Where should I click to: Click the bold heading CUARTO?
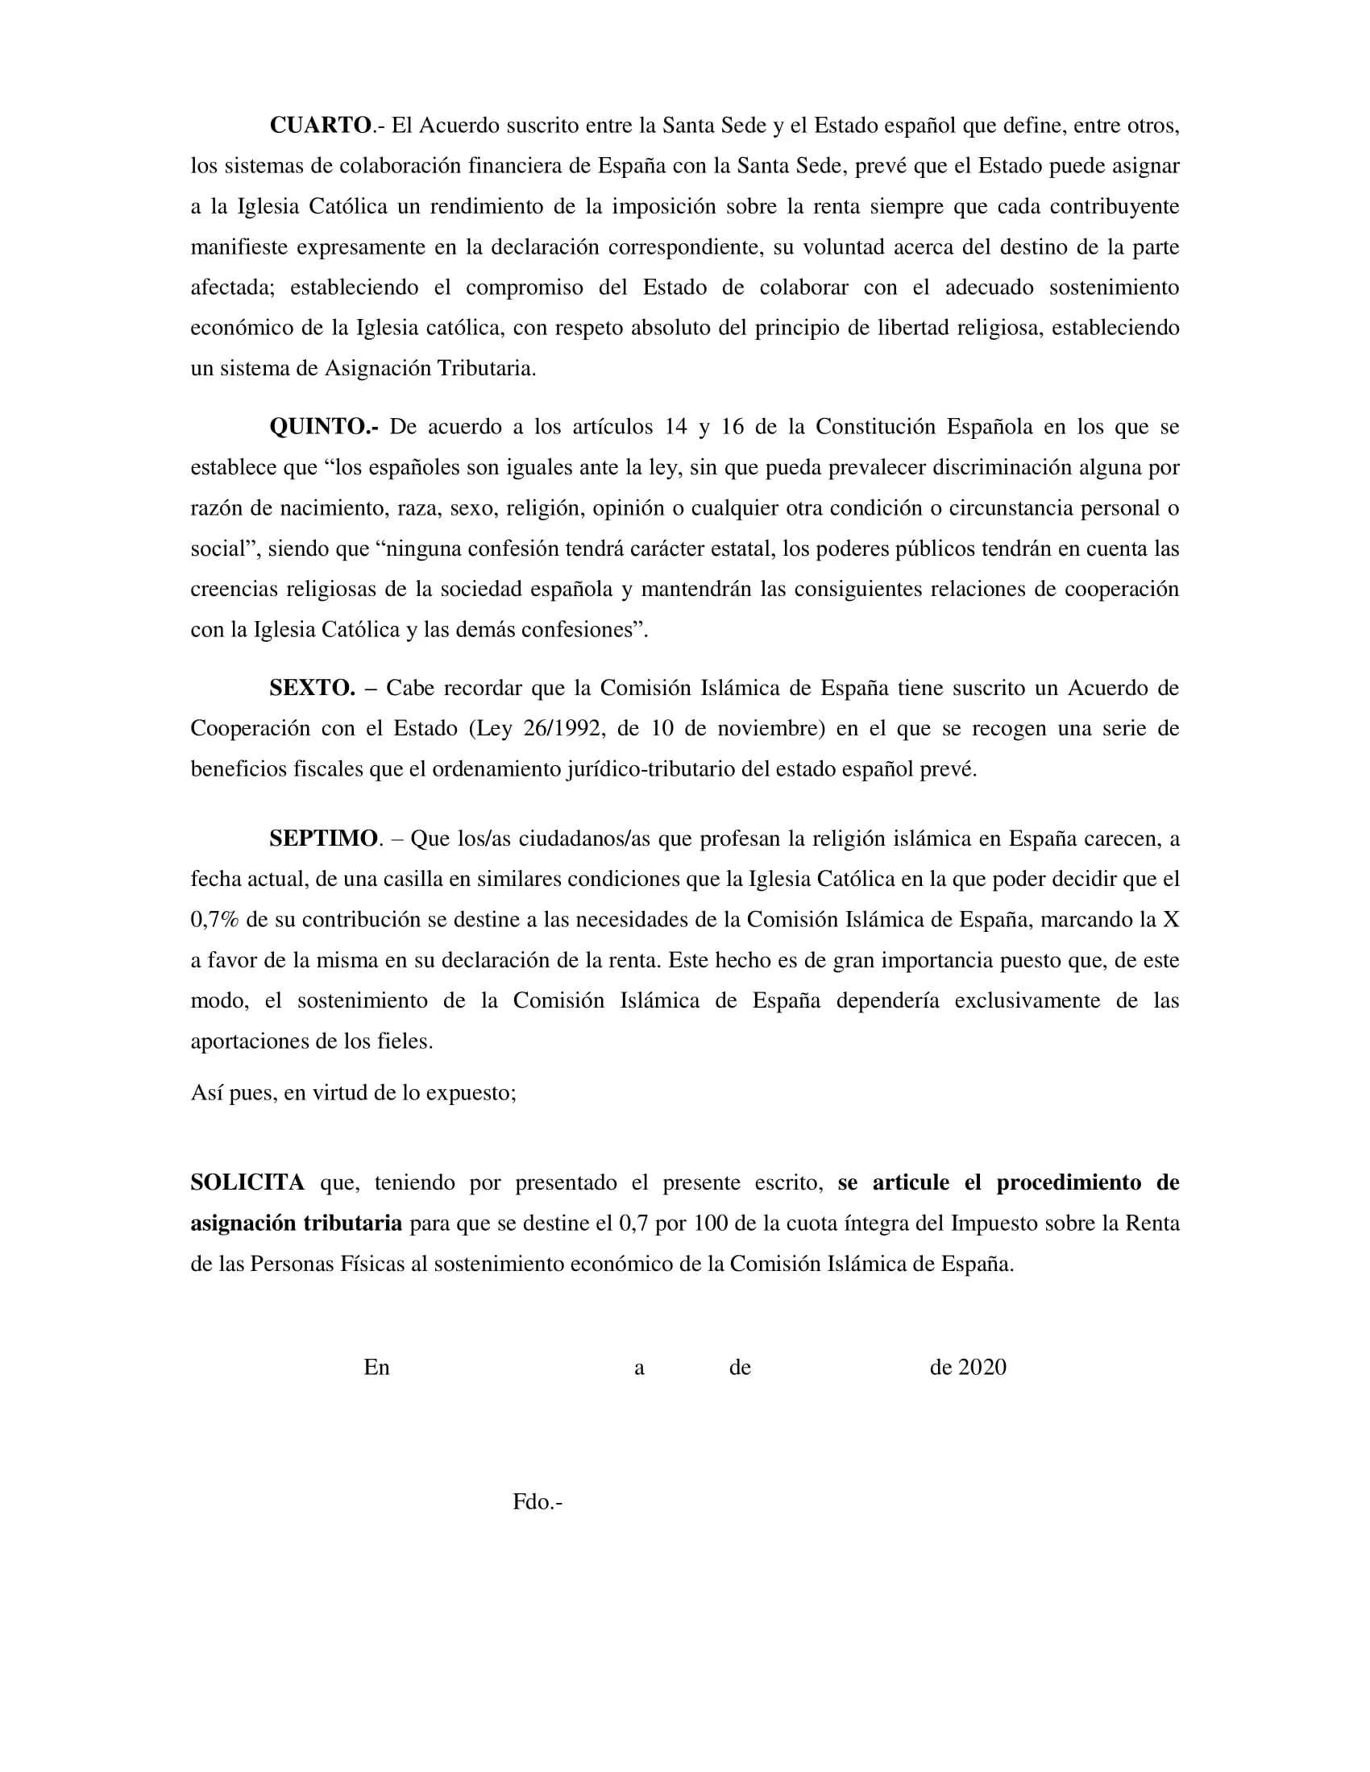(x=320, y=126)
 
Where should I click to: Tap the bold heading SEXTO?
(x=312, y=688)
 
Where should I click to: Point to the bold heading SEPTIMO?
(x=323, y=838)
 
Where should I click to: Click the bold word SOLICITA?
(x=247, y=1182)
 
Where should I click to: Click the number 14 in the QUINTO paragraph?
(x=676, y=427)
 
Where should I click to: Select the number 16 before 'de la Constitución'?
(x=732, y=427)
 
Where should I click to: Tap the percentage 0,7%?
(x=214, y=919)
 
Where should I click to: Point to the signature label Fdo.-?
(x=538, y=1502)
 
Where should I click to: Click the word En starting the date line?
(x=376, y=1367)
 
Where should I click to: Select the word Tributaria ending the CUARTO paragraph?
(x=487, y=368)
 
